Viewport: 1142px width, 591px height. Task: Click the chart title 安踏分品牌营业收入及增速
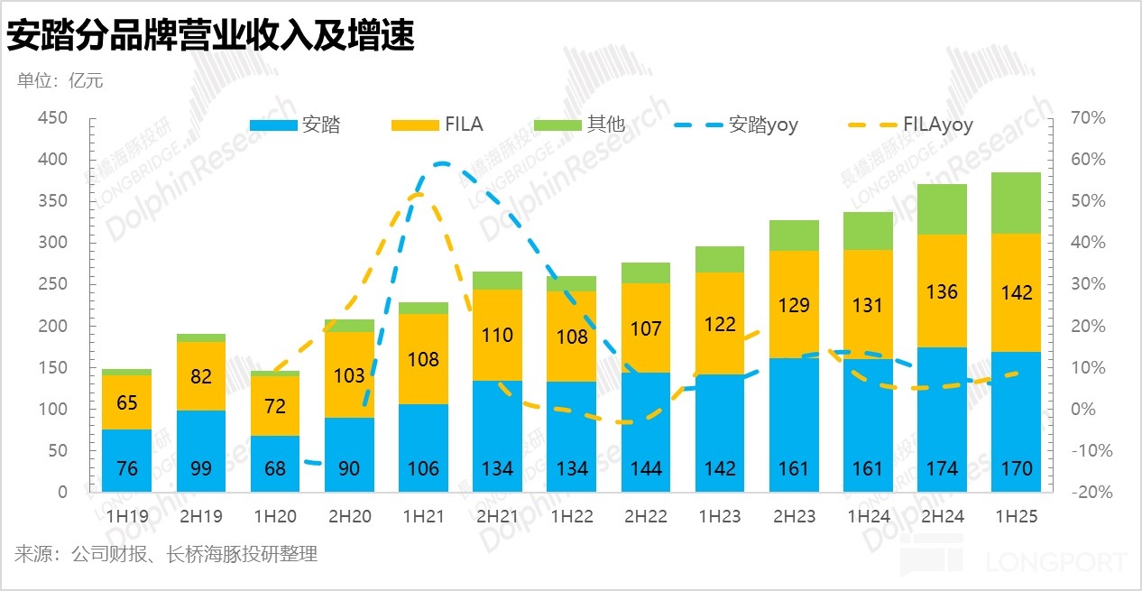coord(210,36)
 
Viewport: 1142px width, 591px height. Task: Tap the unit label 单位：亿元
coord(60,81)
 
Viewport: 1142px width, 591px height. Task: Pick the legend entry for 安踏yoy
coord(739,125)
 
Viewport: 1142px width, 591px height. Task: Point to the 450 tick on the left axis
coord(52,118)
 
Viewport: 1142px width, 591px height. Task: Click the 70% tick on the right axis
coord(1087,118)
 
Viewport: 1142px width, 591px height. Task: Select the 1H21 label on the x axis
coord(423,518)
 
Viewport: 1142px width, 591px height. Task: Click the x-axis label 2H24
coord(941,518)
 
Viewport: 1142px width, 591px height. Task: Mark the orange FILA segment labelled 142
coord(1015,292)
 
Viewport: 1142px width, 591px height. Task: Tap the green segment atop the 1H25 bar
coord(1015,203)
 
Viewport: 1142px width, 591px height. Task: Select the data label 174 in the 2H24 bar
coord(941,468)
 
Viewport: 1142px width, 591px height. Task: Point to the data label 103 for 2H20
coord(349,376)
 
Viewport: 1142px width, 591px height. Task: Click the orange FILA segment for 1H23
coord(719,323)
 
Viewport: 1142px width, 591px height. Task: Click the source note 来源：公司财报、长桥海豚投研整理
coord(166,554)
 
